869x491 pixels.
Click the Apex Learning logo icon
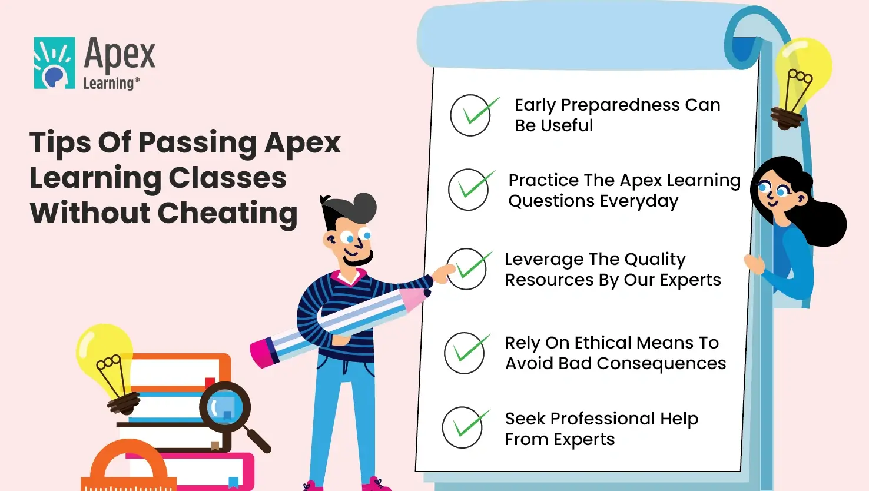coord(54,63)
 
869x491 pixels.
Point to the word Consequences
coord(661,363)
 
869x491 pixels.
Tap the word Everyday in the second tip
coord(639,201)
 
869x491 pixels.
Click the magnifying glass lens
coord(225,407)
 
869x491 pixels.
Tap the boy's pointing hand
coord(443,273)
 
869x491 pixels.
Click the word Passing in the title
coord(197,143)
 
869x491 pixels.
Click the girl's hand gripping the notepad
coord(755,264)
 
